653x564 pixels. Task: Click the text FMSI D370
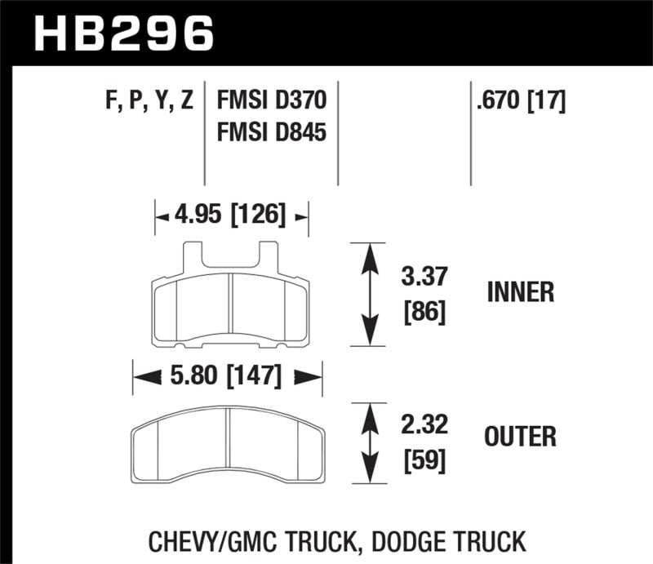[272, 101]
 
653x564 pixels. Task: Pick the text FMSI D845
[272, 131]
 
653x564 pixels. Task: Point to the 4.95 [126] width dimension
[231, 215]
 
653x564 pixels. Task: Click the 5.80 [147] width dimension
[227, 376]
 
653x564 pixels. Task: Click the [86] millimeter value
[424, 312]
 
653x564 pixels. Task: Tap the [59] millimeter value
[424, 462]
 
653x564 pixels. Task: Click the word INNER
[521, 291]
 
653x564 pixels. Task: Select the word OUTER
[521, 437]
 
